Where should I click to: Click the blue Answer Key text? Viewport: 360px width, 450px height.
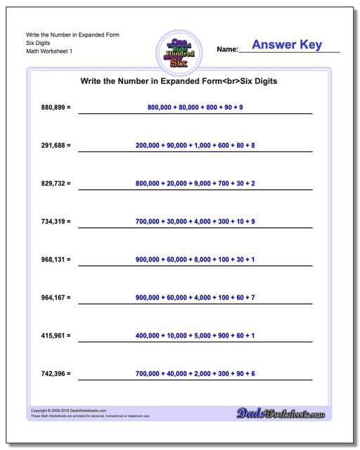[286, 46]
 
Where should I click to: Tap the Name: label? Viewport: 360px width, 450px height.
[227, 50]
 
